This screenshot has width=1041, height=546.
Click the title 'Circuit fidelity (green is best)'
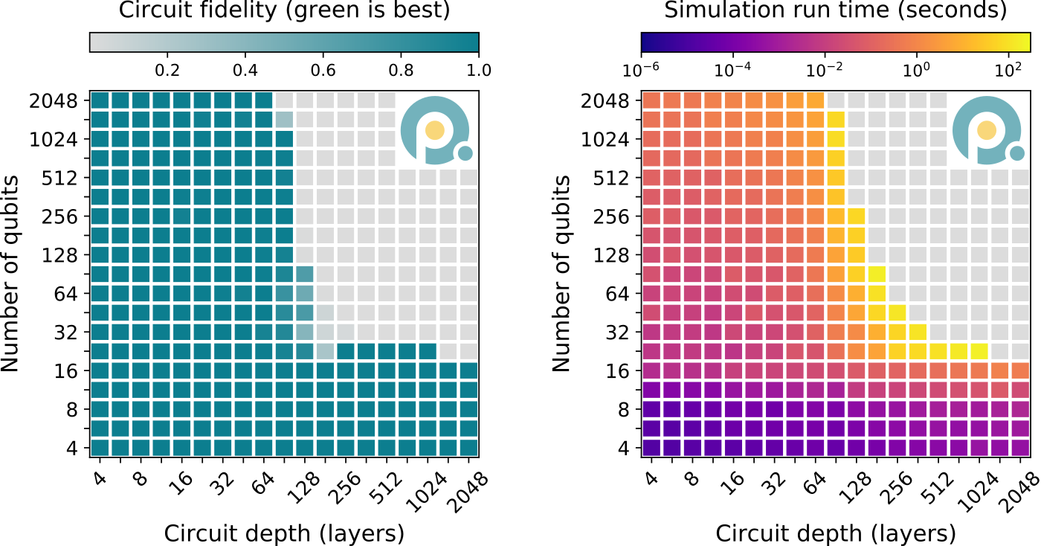[283, 11]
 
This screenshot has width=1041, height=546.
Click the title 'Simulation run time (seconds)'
[835, 11]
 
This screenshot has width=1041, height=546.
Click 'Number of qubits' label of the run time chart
[563, 273]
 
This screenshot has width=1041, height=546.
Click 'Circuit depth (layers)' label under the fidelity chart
[283, 533]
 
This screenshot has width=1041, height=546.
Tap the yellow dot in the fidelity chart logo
[436, 129]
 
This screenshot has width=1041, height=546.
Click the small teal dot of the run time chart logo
[1016, 154]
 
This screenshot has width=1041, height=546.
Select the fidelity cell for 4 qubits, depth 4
[100, 448]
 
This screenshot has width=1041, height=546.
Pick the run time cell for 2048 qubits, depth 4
[651, 100]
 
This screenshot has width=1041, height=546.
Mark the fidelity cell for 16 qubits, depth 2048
[468, 370]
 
